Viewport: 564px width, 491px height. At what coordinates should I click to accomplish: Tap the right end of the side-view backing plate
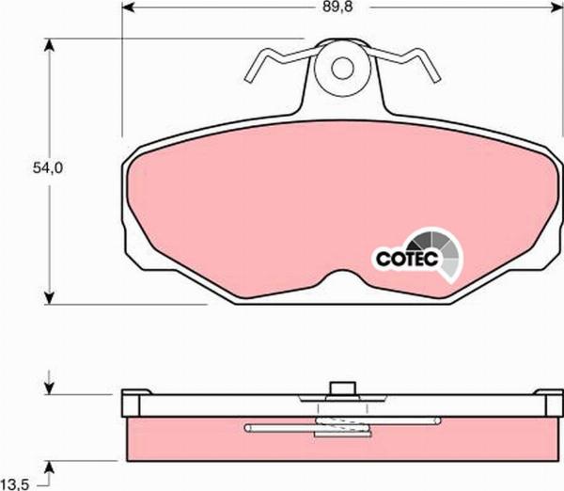click(549, 404)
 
